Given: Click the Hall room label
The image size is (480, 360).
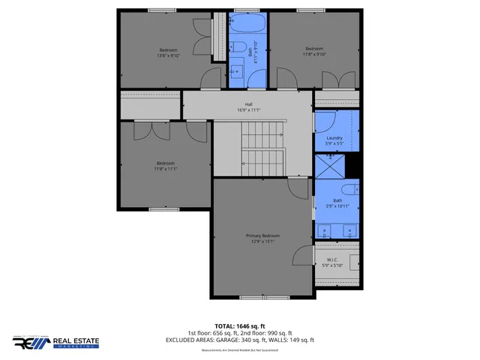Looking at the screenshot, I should pos(248,104).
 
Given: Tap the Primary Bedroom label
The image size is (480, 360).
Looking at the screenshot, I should pos(262,235).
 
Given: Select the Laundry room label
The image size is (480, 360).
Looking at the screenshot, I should pos(334,138).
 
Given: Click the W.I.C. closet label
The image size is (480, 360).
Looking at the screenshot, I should pos(331,259).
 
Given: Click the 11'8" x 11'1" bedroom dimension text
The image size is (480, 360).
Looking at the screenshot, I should pos(165,169).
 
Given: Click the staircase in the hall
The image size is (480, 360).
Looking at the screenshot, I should pos(262,146).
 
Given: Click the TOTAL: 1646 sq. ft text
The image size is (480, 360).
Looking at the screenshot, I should pos(240,325).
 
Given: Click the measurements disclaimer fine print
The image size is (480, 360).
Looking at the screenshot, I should pos(240,350).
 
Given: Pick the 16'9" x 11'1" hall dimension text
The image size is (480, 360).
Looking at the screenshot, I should pos(248,110).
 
